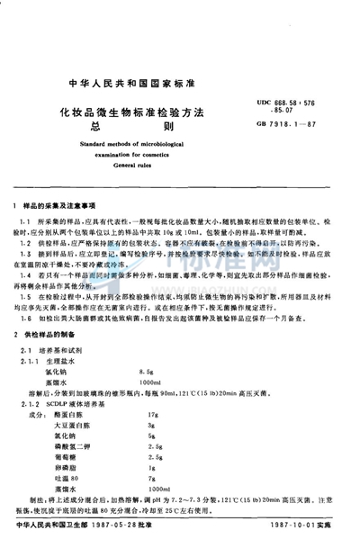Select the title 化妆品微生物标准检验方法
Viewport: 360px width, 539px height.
coord(132,112)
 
